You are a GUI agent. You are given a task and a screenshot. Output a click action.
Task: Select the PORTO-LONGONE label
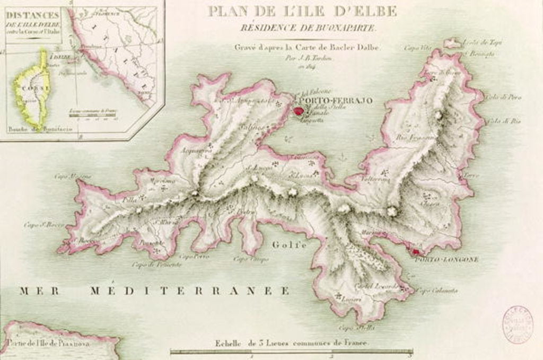click(x=446, y=260)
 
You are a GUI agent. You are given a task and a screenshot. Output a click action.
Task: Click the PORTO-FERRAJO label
click(x=336, y=100)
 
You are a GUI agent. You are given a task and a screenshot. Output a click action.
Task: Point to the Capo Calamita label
click(x=437, y=291)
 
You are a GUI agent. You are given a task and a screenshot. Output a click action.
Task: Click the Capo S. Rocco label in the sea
click(x=44, y=225)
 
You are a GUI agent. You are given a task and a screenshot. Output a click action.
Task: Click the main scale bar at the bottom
click(x=291, y=350)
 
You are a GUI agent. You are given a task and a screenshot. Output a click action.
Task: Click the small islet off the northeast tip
click(x=452, y=43)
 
